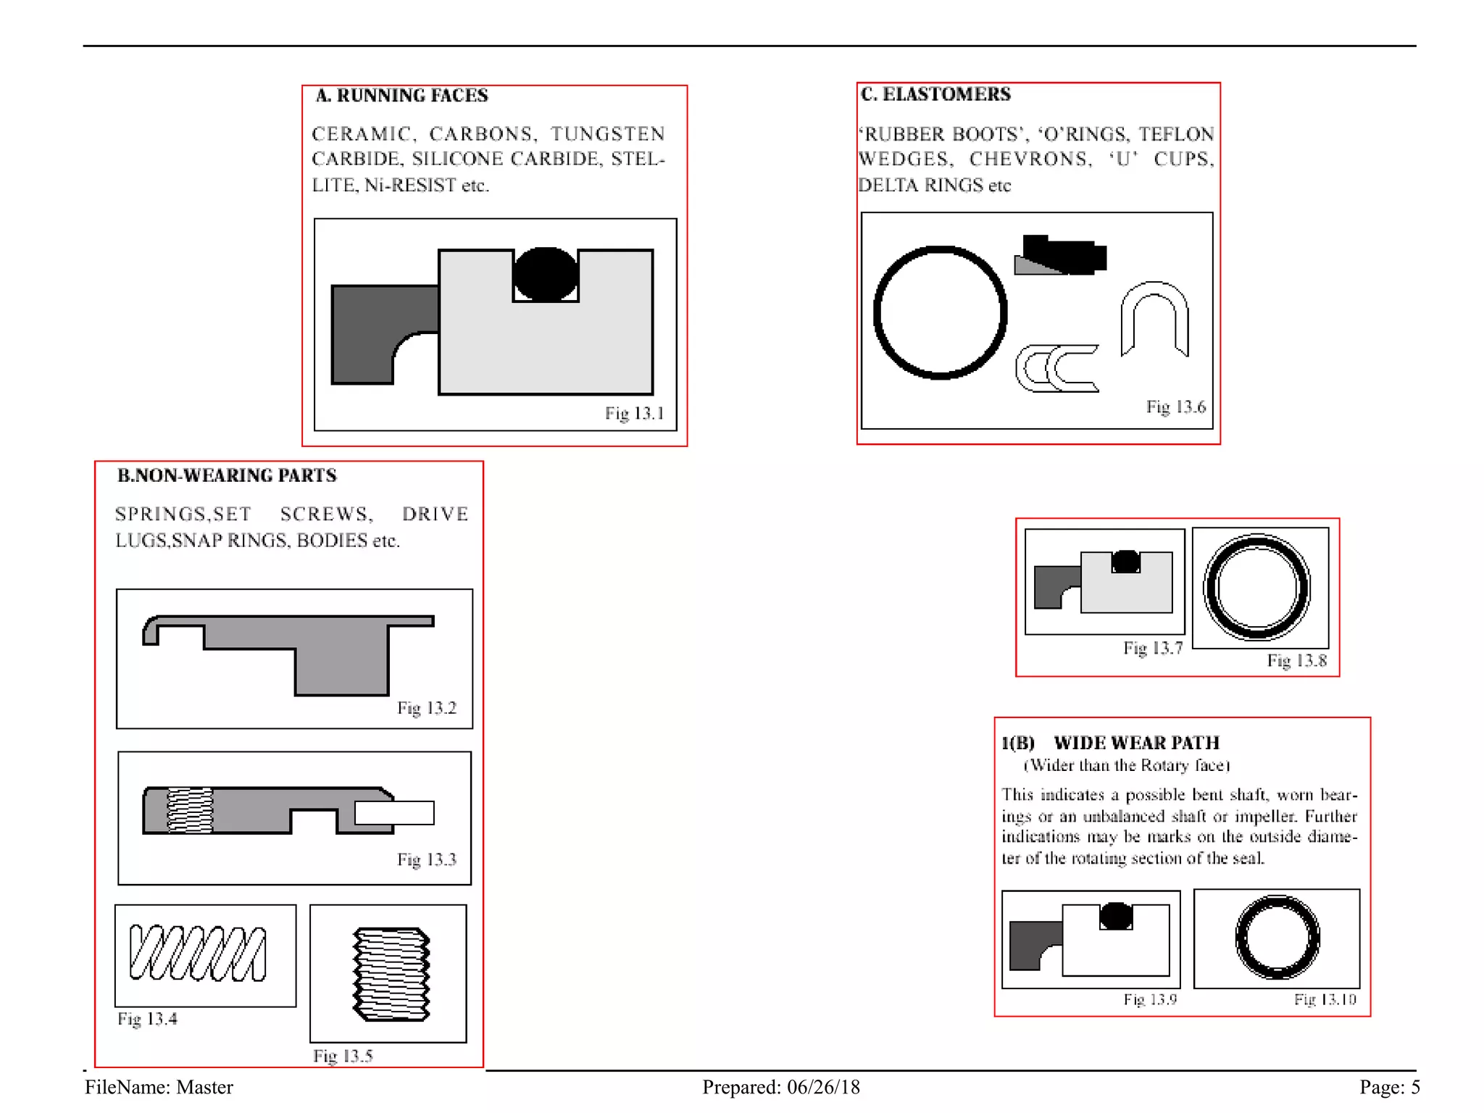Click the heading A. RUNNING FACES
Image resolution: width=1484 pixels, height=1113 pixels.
[x=401, y=96]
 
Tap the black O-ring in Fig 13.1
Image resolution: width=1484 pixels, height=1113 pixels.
[x=545, y=274]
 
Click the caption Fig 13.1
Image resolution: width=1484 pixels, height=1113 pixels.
[x=634, y=413]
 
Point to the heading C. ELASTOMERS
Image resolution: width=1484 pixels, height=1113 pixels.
[x=935, y=94]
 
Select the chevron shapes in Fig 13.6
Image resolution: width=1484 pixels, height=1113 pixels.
[x=1056, y=368]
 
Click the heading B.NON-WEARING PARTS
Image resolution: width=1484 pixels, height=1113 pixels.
[x=227, y=475]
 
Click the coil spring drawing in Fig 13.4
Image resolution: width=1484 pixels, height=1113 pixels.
[x=197, y=953]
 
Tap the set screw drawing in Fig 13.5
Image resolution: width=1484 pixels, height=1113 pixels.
[x=391, y=973]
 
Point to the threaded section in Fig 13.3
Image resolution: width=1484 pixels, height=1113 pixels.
[x=190, y=810]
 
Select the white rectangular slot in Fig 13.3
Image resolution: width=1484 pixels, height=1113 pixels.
[x=395, y=812]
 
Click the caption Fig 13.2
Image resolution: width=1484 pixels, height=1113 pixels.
[x=427, y=708]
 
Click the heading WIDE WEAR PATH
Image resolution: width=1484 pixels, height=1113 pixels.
[x=1136, y=743]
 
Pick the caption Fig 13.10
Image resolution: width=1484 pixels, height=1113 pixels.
[x=1325, y=999]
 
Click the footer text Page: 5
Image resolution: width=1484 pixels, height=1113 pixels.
[x=1389, y=1087]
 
